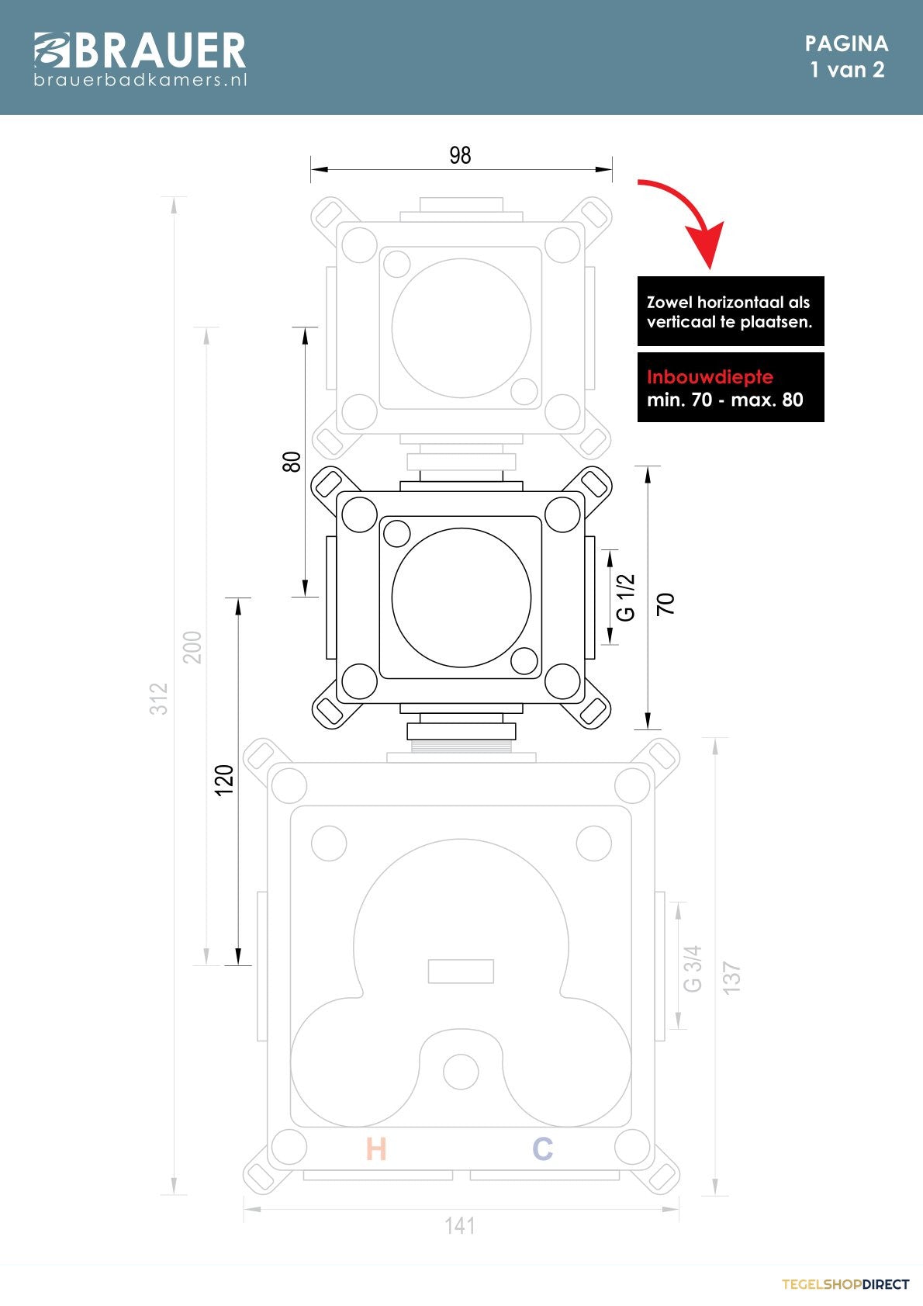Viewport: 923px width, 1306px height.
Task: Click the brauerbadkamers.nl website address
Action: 140,80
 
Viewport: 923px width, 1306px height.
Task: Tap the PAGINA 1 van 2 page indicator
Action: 847,57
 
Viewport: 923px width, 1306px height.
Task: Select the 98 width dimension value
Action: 460,155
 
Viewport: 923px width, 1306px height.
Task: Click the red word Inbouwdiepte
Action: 710,377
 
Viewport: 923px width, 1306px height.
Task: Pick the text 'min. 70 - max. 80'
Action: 725,400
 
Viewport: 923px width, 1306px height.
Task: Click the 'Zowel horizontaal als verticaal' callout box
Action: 731,311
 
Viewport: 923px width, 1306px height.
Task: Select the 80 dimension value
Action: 292,462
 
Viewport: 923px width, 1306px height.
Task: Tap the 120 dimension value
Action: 224,780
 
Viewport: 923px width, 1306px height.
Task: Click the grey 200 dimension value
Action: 192,647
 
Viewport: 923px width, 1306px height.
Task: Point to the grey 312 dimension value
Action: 159,698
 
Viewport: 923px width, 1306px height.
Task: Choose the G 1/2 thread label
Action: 625,598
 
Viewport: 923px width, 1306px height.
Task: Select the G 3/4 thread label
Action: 692,968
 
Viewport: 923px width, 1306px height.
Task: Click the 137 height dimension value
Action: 731,979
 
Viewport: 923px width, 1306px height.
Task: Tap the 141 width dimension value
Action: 460,1226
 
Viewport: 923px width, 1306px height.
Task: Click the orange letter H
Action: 376,1148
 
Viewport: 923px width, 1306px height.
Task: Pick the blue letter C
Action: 542,1148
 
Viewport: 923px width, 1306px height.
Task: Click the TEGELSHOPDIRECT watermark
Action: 845,1284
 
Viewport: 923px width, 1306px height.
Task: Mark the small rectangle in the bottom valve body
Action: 461,972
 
